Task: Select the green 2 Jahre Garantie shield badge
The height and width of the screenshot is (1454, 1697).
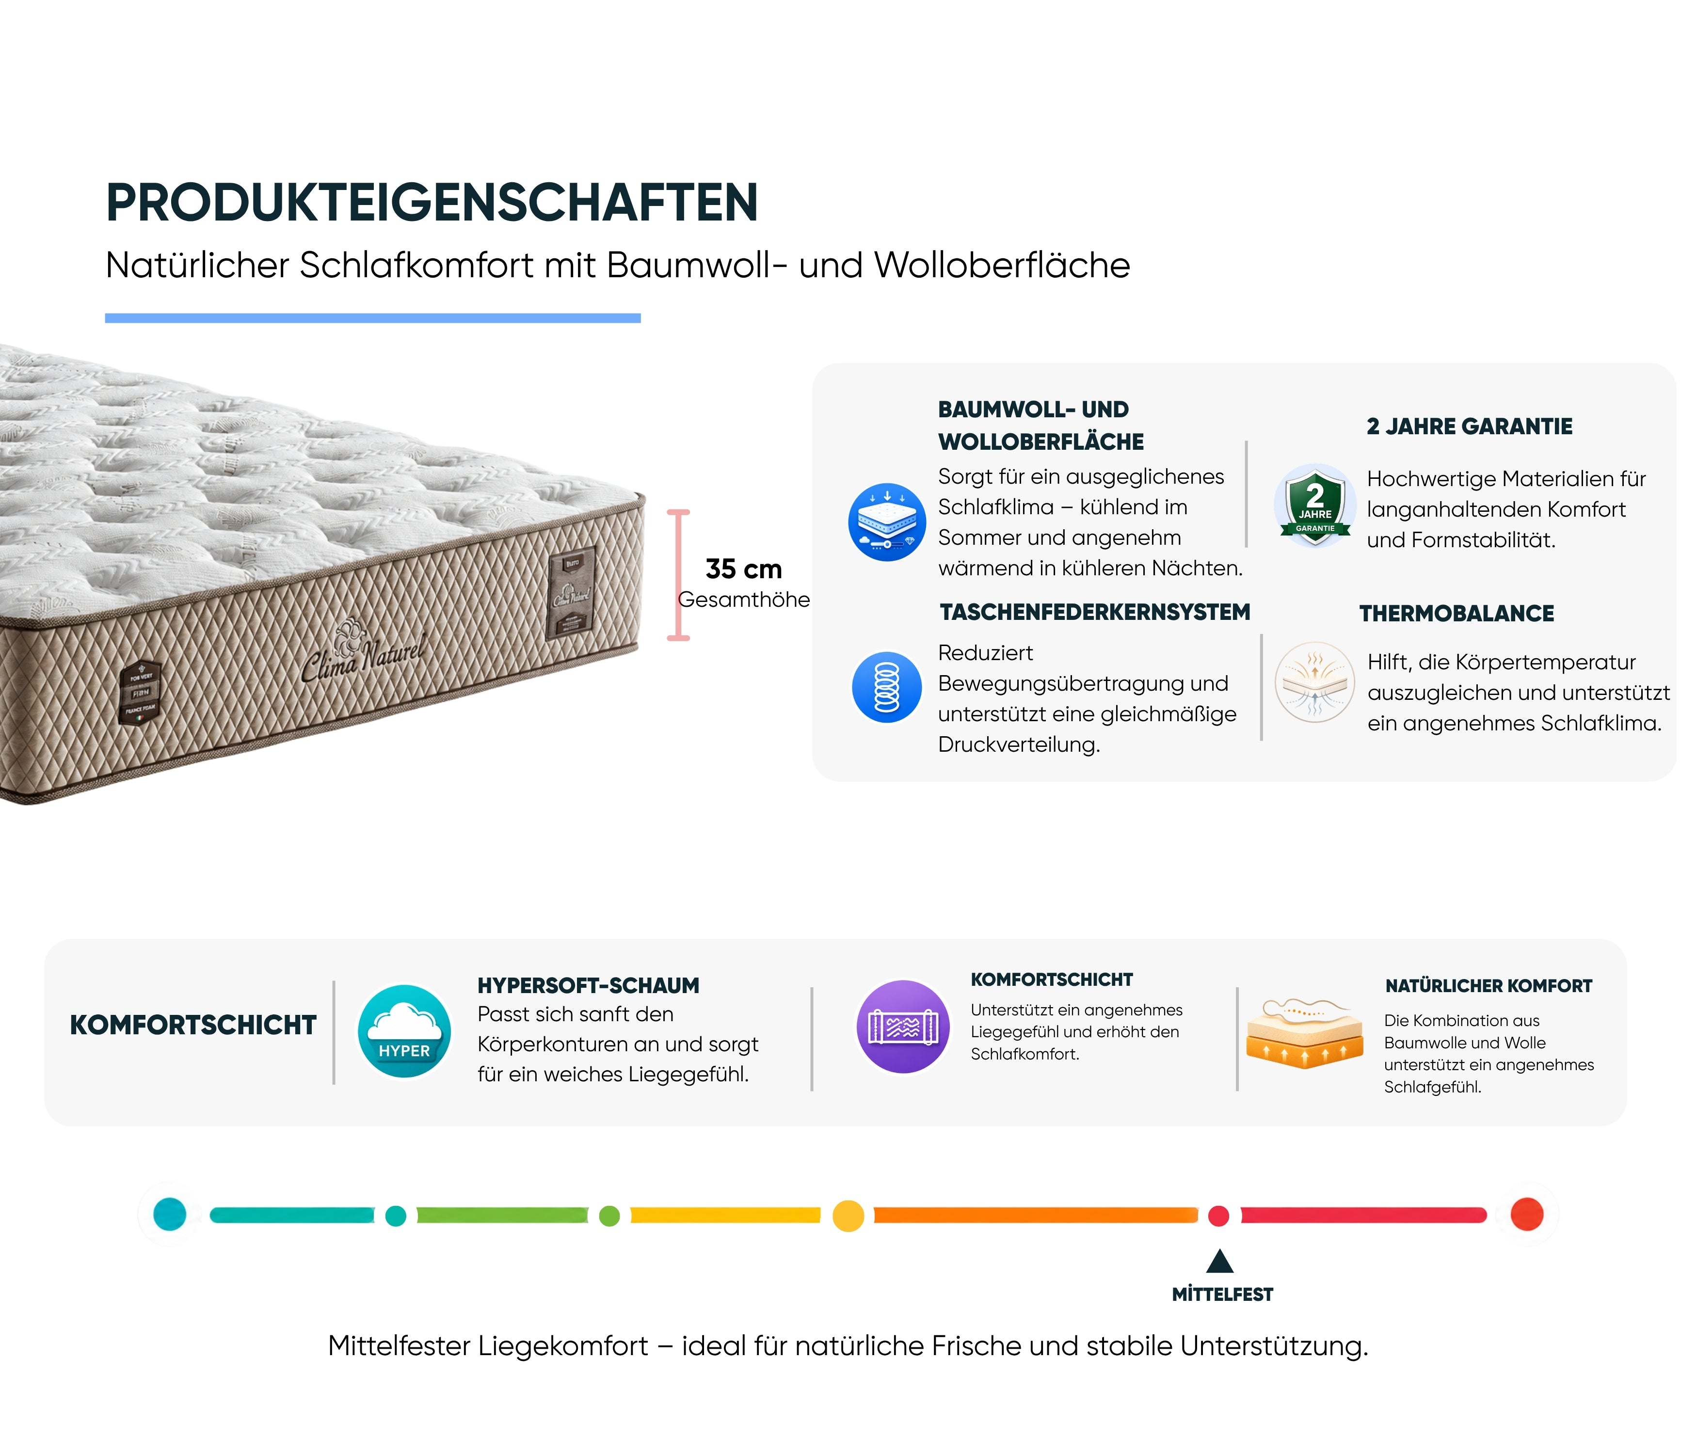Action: click(x=1314, y=505)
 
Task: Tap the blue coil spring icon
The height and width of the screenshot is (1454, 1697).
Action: click(x=887, y=687)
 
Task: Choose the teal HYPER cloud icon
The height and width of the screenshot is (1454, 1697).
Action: click(x=404, y=1031)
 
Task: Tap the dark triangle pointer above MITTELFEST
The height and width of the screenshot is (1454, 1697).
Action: click(x=1219, y=1261)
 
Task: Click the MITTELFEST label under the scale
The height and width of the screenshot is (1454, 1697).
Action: click(x=1222, y=1295)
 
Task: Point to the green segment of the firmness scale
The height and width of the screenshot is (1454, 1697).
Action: click(x=502, y=1216)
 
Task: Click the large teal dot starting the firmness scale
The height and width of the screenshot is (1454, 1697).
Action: click(x=170, y=1214)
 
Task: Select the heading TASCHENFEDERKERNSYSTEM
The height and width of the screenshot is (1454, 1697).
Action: click(x=1095, y=613)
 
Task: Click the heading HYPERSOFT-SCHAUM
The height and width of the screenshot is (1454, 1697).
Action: click(x=588, y=986)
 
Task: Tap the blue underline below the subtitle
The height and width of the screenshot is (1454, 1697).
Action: click(x=373, y=317)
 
